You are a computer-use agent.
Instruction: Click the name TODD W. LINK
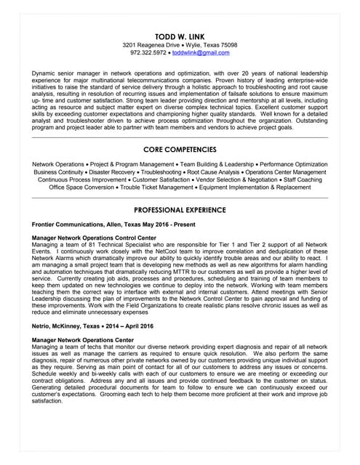(180, 36)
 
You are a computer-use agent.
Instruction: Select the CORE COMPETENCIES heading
(180, 148)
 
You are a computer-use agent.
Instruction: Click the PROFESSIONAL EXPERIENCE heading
(180, 209)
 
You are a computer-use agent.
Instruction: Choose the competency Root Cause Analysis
(232, 172)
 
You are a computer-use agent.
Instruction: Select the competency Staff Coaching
(301, 179)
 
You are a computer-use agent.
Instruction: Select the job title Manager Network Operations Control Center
(94, 238)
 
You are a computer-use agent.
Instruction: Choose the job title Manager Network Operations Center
(83, 340)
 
